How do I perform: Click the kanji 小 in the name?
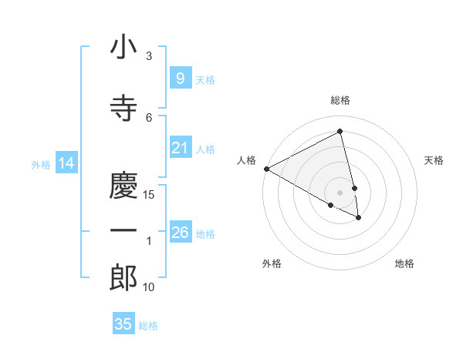tap(123, 49)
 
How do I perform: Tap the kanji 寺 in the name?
tap(123, 107)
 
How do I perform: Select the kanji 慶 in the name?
tap(123, 183)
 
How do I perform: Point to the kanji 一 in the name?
tap(123, 231)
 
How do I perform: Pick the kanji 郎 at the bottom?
tap(123, 277)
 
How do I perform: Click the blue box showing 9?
tap(180, 78)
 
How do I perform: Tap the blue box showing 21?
tap(180, 147)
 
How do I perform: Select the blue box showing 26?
tap(180, 232)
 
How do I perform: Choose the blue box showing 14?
tap(66, 163)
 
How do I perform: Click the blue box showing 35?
tap(123, 324)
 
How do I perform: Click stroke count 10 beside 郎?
tap(149, 287)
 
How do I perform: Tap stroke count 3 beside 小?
tap(149, 56)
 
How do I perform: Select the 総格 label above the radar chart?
tap(340, 100)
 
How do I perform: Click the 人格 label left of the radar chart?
tap(246, 160)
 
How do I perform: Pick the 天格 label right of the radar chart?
tap(434, 160)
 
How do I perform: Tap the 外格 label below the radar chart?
tap(272, 263)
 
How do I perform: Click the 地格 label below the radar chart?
tap(404, 263)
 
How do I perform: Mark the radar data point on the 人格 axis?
tap(266, 169)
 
